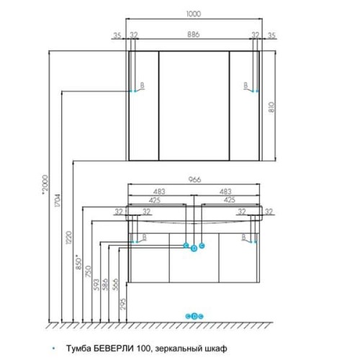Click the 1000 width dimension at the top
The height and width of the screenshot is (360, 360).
pos(194,14)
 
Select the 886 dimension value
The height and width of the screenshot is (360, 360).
pos(194,35)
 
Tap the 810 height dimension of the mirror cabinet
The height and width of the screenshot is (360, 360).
pos(271,107)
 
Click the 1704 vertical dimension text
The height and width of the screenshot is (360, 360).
pos(58,200)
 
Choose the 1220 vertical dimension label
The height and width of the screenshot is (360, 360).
pos(68,238)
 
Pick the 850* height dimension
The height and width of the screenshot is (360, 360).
pos(79,262)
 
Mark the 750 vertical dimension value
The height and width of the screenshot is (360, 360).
pos(89,271)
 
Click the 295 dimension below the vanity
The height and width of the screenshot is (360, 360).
pos(122,304)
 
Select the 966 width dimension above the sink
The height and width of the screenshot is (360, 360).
pos(194,179)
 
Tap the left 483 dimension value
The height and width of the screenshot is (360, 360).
pos(159,192)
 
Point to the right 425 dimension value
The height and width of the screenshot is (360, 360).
pos(229,199)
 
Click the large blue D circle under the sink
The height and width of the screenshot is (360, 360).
pos(194,248)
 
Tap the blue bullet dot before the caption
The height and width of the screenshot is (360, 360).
pos(53,348)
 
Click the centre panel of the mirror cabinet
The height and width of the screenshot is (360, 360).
pos(194,106)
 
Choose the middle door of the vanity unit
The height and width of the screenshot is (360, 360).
pos(194,258)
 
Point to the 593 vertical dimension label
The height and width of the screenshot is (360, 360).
pos(96,284)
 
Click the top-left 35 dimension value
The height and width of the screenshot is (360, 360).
pos(117,35)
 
